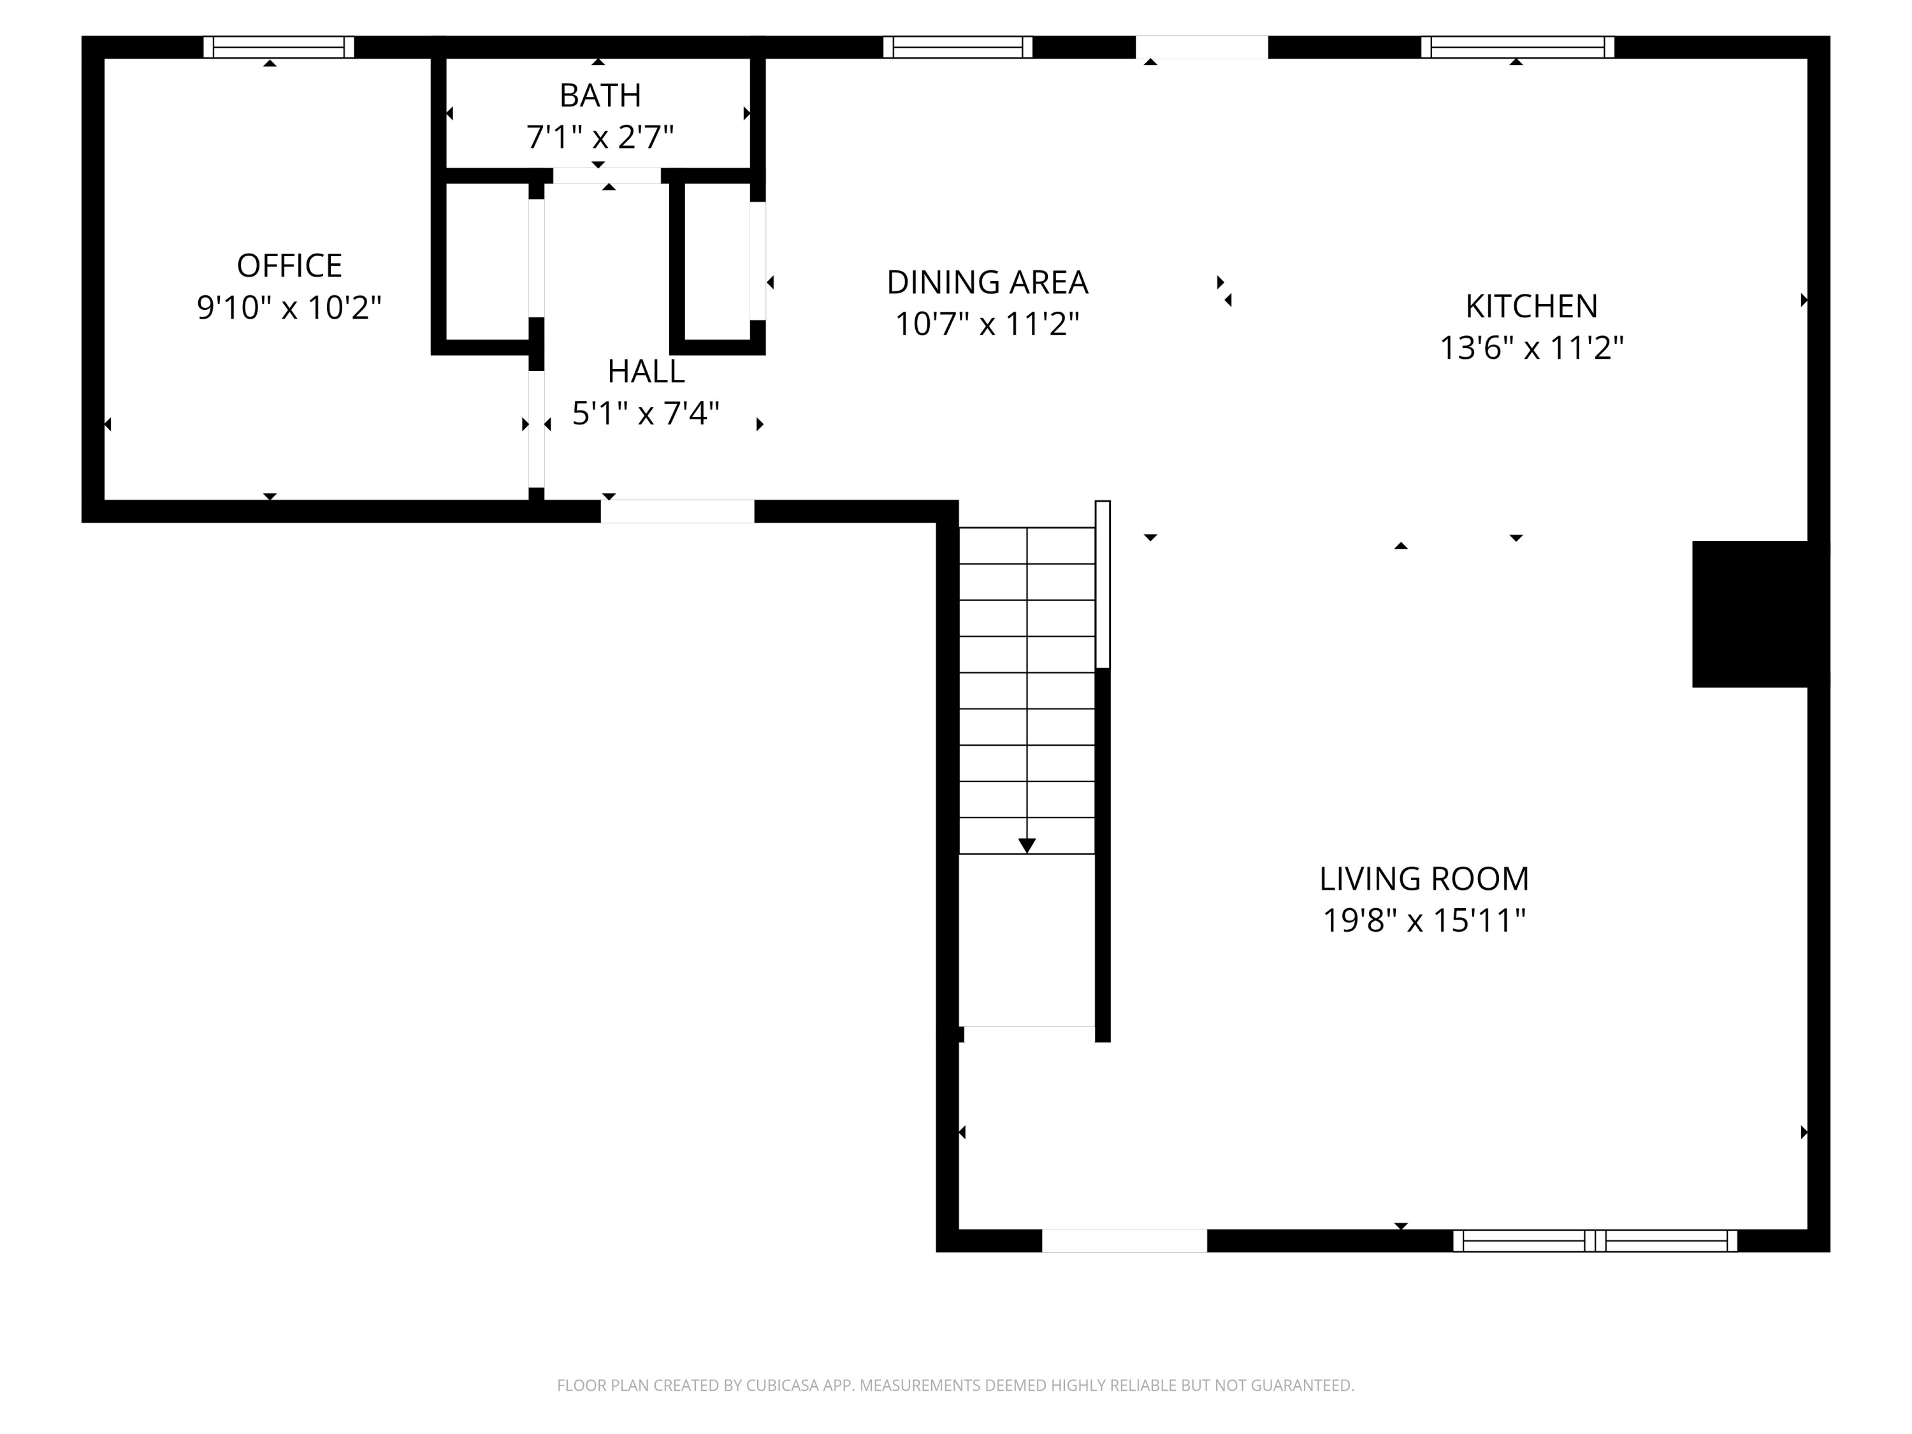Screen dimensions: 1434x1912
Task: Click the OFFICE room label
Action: pos(289,265)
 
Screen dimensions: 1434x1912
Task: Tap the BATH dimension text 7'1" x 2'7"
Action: pos(599,136)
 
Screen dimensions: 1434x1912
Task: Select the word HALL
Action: pos(646,372)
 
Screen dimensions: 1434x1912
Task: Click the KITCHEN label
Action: pos(1531,306)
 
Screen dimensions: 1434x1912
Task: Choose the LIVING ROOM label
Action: pos(1424,879)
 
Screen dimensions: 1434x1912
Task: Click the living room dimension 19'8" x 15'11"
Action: pos(1424,920)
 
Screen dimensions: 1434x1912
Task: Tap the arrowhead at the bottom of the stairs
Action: pos(1026,845)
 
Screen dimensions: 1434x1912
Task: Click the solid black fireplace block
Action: pos(1758,614)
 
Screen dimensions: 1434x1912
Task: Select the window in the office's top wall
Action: pos(279,47)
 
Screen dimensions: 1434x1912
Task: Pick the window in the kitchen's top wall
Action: pos(1517,47)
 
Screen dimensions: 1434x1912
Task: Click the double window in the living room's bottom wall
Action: pos(1594,1240)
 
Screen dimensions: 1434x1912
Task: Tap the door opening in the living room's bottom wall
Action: pos(1124,1240)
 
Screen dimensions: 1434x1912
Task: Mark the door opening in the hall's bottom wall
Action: pos(677,511)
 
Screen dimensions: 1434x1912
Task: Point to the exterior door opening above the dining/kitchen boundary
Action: pos(1201,47)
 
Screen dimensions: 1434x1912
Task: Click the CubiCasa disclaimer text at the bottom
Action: pos(955,1386)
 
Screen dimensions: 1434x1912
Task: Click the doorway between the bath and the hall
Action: pos(607,175)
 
